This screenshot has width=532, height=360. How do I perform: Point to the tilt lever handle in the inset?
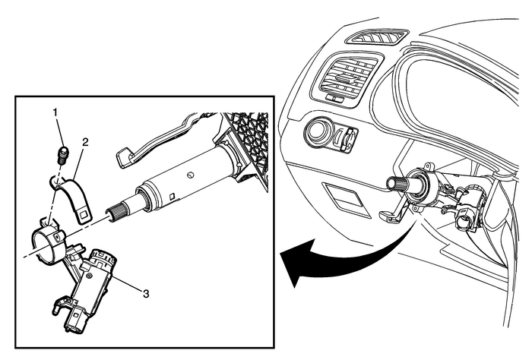tap(152, 141)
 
